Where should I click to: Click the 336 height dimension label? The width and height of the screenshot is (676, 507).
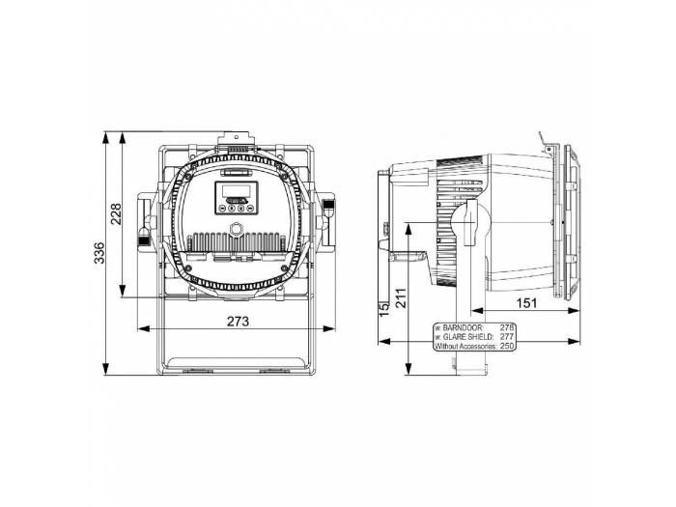coord(99,254)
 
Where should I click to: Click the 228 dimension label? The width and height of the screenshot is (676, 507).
coord(116,213)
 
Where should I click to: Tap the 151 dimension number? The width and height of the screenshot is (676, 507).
coord(522,303)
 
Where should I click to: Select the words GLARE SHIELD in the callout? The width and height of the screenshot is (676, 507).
coord(466,336)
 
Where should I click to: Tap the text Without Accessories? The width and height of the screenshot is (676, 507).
coord(465,345)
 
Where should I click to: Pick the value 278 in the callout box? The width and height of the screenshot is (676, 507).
coord(509,327)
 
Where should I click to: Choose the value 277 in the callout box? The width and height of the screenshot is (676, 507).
coord(509,336)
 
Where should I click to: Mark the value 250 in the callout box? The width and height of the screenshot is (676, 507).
coord(509,345)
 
